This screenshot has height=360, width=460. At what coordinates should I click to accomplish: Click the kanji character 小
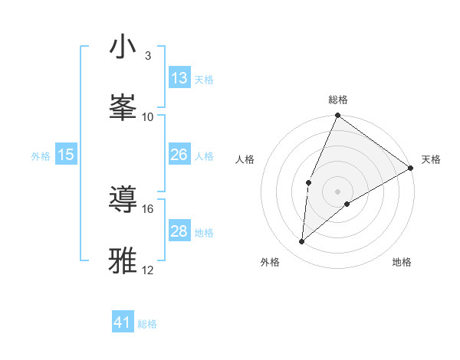click(x=123, y=47)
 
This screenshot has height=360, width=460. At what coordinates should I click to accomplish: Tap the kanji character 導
click(x=123, y=198)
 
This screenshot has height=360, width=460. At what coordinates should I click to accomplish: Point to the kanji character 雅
click(x=123, y=259)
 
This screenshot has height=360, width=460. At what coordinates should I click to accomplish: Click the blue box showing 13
click(x=179, y=78)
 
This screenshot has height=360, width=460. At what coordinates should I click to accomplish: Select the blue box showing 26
click(x=179, y=155)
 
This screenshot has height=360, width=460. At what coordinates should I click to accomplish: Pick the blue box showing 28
click(x=179, y=231)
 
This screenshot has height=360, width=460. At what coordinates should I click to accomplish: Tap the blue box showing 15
click(x=66, y=155)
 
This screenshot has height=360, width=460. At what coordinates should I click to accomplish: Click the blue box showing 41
click(x=123, y=322)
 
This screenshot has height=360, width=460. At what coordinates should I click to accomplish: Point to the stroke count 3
click(x=148, y=56)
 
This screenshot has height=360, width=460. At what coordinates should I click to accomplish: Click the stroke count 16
click(x=148, y=208)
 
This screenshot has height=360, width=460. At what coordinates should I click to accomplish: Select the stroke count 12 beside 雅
click(x=148, y=270)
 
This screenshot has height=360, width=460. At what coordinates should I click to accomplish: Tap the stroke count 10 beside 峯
click(x=148, y=117)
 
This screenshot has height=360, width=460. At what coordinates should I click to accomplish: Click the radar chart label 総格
click(x=337, y=100)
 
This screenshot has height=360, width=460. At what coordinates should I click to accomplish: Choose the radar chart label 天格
click(x=431, y=159)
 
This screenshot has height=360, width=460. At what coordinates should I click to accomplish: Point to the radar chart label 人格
click(x=245, y=159)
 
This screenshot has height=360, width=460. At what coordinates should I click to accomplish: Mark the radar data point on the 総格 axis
click(x=337, y=116)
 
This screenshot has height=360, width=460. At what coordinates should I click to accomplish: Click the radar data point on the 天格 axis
click(x=410, y=168)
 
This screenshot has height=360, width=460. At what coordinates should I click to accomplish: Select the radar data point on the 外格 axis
click(x=302, y=242)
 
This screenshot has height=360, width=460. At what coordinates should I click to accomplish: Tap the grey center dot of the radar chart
click(x=337, y=191)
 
